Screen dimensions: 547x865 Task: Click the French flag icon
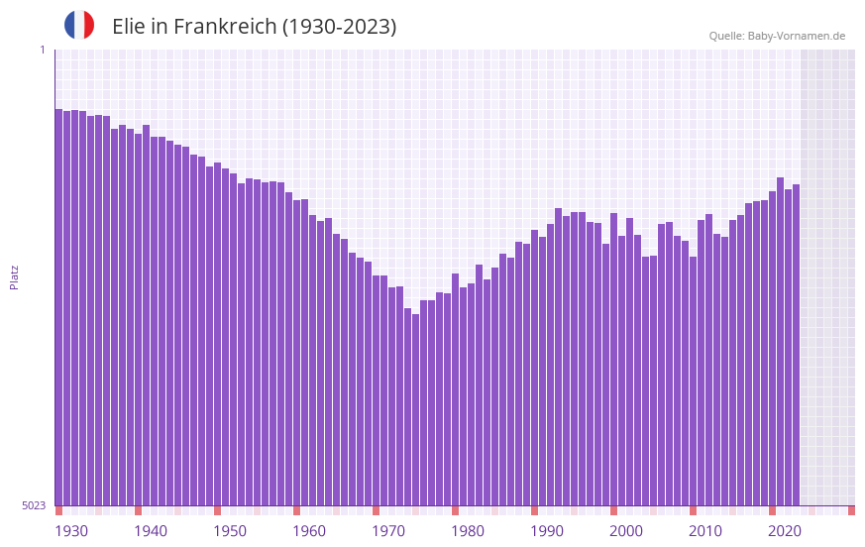79,26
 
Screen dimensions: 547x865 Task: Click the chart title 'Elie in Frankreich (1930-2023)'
254,27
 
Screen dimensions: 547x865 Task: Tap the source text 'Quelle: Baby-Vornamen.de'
777,36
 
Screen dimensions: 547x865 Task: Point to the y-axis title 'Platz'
14,276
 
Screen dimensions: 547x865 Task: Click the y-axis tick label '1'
42,50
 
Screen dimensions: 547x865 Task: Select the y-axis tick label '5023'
34,505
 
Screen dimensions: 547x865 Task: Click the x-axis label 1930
71,531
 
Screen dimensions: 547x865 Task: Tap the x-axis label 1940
151,531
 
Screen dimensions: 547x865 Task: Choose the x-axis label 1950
230,531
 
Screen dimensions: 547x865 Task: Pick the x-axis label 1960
309,531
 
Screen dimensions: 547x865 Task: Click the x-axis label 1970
388,531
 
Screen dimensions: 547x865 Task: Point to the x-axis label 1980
468,531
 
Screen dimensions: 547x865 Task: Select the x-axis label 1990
547,531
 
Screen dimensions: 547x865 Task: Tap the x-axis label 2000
626,531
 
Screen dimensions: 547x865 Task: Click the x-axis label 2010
705,531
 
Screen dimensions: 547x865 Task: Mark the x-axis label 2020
785,531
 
